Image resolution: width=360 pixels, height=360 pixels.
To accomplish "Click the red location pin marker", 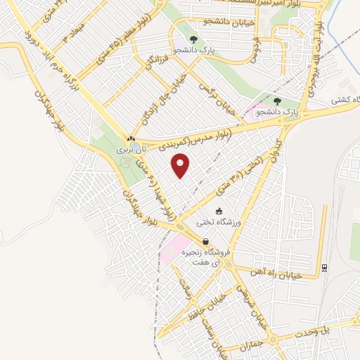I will click(181, 166).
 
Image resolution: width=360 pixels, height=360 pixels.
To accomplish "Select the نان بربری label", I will click(131, 150).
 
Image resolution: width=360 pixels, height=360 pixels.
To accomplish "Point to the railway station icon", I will click(324, 268).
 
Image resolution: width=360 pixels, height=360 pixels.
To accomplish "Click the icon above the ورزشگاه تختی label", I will click(219, 211).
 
